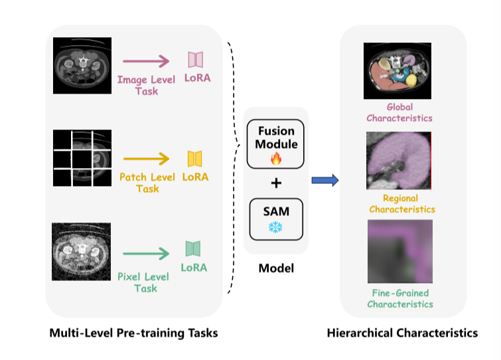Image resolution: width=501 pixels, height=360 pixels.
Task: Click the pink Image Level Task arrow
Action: (x=146, y=62)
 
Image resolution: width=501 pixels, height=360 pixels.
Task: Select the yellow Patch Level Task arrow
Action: (x=145, y=159)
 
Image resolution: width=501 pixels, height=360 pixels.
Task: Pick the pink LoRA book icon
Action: (x=195, y=60)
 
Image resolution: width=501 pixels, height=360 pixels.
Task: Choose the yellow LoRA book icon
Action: (x=194, y=158)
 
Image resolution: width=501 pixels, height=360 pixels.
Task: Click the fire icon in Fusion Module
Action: (x=275, y=159)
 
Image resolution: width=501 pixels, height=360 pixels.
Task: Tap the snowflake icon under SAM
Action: (x=275, y=227)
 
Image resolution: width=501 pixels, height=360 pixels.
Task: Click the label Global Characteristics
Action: (x=399, y=112)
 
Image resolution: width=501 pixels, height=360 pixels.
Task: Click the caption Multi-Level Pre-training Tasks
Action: (x=133, y=333)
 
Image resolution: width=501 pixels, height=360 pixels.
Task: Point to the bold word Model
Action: (x=275, y=268)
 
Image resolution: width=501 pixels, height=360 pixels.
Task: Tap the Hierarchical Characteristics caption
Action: (x=402, y=333)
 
